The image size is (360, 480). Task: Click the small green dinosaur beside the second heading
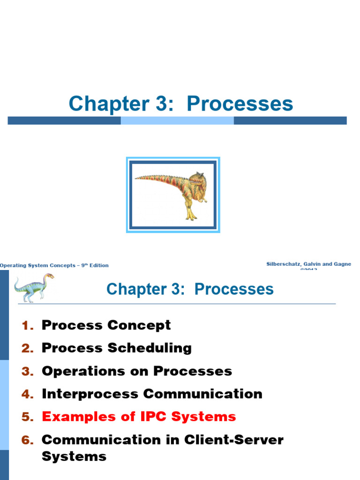[x=33, y=286]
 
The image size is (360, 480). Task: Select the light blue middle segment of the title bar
[x=177, y=120]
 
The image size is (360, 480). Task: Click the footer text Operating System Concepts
[x=37, y=265]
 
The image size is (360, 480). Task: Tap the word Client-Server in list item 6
[x=234, y=440]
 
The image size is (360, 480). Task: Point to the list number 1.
[x=27, y=325]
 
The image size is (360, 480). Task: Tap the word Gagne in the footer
[x=341, y=264]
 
